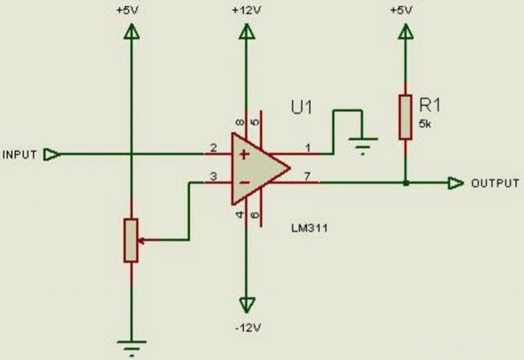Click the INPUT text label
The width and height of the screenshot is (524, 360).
pyautogui.click(x=20, y=154)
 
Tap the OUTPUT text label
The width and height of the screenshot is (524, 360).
pyautogui.click(x=494, y=183)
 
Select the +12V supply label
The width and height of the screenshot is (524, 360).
pyautogui.click(x=245, y=10)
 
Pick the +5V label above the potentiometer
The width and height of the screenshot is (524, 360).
pyautogui.click(x=131, y=10)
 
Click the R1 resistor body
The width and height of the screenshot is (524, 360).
pyautogui.click(x=405, y=117)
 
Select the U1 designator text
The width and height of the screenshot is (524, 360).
pyautogui.click(x=301, y=108)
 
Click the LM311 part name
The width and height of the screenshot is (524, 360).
pyautogui.click(x=306, y=229)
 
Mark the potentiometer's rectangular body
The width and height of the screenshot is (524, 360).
pyautogui.click(x=131, y=240)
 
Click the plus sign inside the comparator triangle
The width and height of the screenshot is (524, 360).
pyautogui.click(x=242, y=154)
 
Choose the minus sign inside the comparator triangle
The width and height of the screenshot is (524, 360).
pyautogui.click(x=242, y=183)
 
